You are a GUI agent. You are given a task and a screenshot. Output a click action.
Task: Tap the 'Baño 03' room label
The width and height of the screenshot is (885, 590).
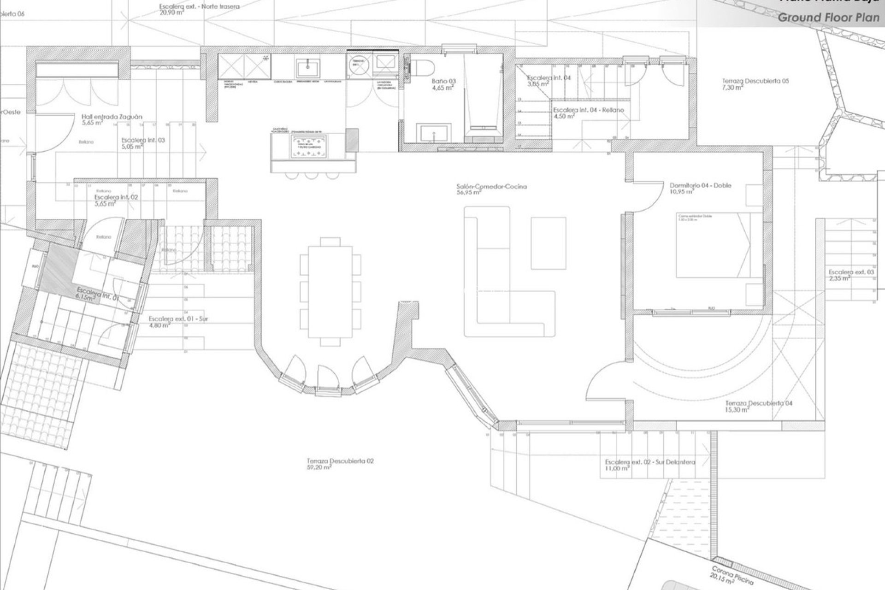(443, 81)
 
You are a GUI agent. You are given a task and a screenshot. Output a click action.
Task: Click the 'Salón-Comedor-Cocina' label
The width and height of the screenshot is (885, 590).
(491, 187)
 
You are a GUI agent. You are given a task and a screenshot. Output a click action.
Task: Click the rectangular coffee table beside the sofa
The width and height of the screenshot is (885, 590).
(548, 242)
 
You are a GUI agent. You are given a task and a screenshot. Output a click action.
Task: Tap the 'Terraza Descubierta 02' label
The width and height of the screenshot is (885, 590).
(340, 460)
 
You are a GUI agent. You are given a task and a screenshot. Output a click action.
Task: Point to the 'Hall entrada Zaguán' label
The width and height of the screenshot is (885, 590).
(112, 117)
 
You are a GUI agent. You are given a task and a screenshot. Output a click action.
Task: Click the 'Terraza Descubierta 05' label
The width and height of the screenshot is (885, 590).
(755, 81)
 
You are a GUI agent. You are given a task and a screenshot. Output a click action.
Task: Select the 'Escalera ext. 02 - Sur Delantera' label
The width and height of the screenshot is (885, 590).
(650, 462)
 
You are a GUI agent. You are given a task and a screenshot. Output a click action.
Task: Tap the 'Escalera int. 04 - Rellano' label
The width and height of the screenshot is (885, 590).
(588, 110)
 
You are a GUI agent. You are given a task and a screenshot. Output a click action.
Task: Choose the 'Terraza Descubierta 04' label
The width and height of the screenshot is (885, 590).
(759, 403)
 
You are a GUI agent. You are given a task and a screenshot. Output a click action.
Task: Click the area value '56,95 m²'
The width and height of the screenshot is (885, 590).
(468, 193)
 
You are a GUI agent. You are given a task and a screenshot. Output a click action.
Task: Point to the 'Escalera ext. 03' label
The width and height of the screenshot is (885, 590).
(851, 272)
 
